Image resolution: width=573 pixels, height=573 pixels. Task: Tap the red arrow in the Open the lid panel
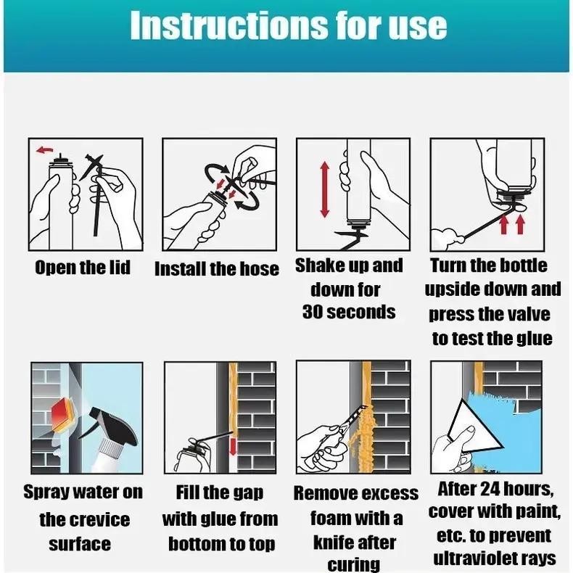(44, 150)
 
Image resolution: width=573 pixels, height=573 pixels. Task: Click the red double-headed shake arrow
(324, 190)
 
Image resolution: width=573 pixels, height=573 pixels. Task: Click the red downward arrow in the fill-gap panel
(233, 447)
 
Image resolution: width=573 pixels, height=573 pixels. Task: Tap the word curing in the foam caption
(354, 565)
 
